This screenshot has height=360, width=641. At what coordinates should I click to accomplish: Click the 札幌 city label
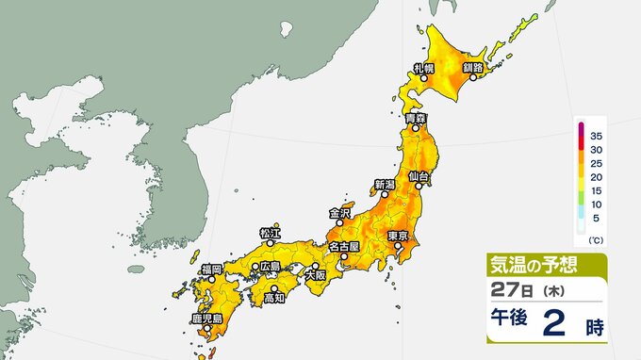[x=422, y=68]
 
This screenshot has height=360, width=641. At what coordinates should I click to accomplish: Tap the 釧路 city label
[x=472, y=68]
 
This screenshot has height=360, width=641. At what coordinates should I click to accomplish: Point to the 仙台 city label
[x=419, y=176]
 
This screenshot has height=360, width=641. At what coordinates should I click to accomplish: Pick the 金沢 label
[x=339, y=214]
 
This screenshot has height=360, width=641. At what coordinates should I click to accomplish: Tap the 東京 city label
[x=397, y=236]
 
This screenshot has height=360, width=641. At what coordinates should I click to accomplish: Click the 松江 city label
[x=269, y=233]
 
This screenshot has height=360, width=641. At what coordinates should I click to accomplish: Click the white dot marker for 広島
[x=255, y=267]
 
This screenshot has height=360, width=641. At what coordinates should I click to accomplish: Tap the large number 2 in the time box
[x=553, y=326]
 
